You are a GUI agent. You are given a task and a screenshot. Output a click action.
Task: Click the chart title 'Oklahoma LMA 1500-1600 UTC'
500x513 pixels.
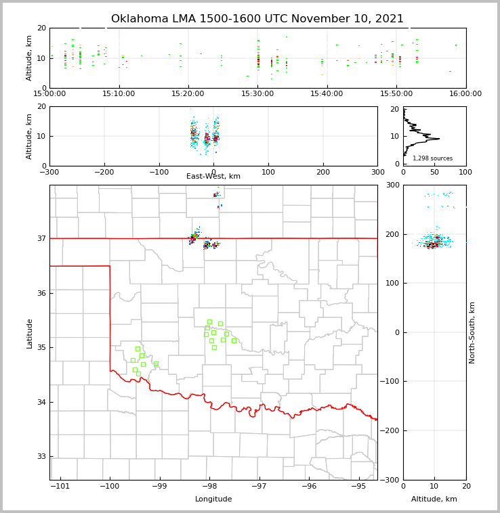coord(257,19)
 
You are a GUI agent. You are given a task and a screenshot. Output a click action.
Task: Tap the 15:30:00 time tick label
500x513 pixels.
coord(257,94)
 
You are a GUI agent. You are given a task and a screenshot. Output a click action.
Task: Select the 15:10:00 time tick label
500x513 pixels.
coord(119,94)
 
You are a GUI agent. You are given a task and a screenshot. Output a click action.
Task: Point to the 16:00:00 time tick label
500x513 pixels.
coord(465,94)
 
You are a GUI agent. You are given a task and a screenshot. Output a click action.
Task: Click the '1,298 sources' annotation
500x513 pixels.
coord(432,158)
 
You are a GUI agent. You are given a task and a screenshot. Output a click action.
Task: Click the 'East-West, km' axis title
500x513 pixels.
coord(213,177)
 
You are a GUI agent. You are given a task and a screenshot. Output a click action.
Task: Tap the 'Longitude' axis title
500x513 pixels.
coord(213,499)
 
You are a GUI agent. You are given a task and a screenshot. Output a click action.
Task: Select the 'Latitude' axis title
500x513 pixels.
coord(30,333)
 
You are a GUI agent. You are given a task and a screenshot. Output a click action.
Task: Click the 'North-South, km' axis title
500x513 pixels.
coord(472,332)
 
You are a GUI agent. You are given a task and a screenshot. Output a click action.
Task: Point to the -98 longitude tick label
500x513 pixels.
coord(209,487)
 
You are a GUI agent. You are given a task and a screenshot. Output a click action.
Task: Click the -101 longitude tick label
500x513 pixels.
coord(60,487)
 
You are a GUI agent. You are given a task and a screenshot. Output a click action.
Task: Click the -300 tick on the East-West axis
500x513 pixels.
coord(49,172)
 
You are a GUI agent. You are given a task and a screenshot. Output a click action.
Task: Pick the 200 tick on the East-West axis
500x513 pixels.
coord(323,172)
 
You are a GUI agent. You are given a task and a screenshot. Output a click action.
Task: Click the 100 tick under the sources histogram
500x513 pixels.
coord(465,172)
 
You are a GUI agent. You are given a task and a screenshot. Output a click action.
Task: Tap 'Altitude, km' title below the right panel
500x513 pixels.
coord(434,499)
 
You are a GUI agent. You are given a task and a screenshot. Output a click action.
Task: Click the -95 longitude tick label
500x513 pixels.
coord(358,487)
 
